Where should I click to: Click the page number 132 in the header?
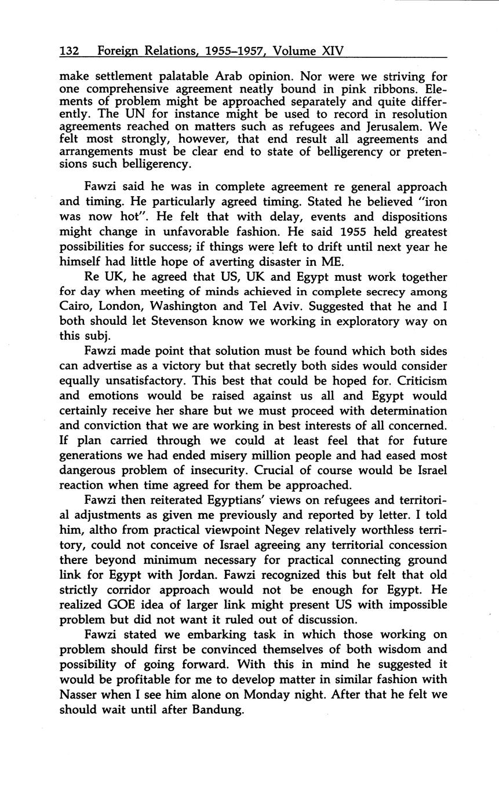tap(70, 51)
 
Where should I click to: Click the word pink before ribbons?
tap(374, 89)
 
